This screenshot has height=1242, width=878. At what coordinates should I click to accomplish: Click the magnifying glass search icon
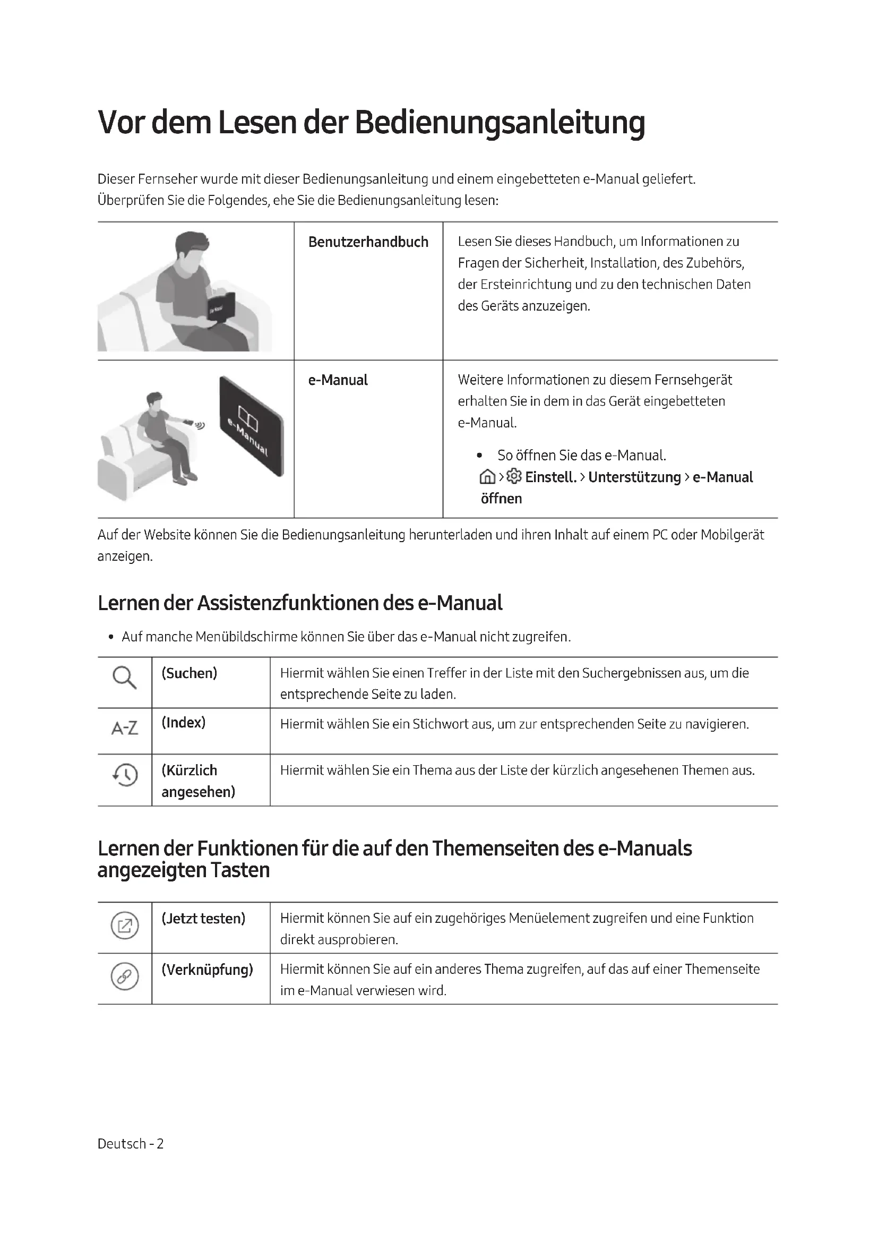click(124, 677)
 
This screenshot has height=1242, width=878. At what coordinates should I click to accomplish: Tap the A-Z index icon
click(124, 728)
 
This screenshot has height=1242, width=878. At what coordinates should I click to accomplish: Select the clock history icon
click(125, 775)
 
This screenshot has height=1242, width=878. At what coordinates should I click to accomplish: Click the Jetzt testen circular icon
click(124, 926)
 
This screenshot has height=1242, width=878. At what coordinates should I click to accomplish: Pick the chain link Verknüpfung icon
click(124, 977)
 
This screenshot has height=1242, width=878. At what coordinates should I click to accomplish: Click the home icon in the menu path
click(487, 477)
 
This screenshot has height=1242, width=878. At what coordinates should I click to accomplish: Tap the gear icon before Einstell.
click(514, 476)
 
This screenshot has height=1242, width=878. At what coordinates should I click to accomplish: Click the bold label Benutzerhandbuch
click(368, 242)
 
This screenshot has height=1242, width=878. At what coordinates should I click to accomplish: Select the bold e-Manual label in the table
click(338, 380)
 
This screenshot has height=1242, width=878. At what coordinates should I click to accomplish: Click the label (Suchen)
click(189, 673)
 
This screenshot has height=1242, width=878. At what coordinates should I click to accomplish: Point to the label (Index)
click(183, 723)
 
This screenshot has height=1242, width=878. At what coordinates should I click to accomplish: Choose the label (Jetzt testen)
click(203, 918)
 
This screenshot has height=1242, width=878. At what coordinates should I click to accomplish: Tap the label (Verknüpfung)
click(207, 969)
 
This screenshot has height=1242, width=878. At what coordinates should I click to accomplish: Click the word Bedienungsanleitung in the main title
click(500, 123)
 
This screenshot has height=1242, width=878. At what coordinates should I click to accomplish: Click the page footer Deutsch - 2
click(130, 1144)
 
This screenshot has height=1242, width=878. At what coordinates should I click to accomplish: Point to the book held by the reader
click(222, 309)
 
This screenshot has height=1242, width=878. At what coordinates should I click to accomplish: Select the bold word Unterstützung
click(634, 477)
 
